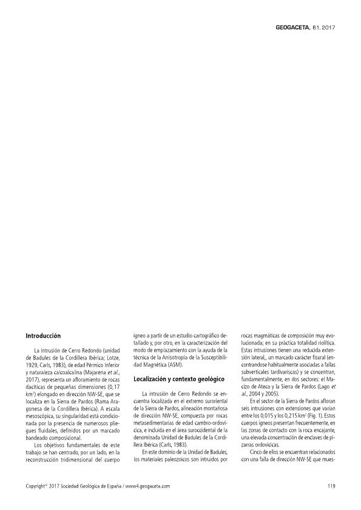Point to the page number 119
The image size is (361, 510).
tap(331, 486)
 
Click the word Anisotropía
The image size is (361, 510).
tap(174, 358)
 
